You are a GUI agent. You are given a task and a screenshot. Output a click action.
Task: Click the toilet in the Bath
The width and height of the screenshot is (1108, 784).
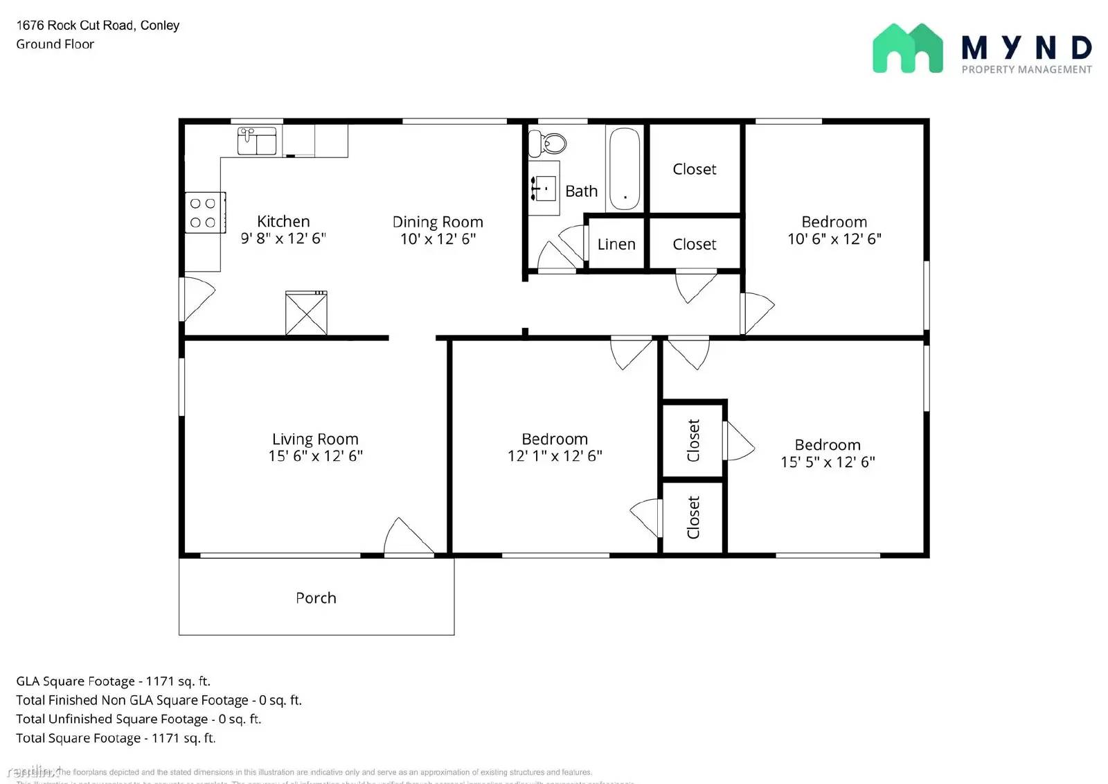click(x=547, y=143)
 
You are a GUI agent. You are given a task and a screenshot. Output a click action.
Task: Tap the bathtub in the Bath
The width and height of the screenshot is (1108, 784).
click(x=625, y=168)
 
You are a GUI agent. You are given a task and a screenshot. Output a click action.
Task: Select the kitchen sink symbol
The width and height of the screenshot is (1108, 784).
click(x=257, y=141)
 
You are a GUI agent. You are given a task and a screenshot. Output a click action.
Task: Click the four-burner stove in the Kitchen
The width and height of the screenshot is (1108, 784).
click(x=205, y=213)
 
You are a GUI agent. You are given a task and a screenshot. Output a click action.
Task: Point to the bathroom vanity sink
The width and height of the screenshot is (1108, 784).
click(x=544, y=188)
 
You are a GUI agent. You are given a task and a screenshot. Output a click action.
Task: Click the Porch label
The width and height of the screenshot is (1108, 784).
click(x=316, y=598)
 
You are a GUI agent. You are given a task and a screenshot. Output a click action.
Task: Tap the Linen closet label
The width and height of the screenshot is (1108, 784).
click(x=616, y=245)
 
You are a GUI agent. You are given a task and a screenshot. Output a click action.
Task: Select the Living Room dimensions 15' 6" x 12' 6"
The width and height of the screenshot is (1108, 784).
click(x=316, y=456)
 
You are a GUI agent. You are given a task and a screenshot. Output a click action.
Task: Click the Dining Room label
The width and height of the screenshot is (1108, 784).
click(x=438, y=223)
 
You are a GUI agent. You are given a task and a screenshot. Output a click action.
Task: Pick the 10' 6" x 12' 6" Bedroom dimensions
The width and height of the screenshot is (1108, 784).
click(x=834, y=239)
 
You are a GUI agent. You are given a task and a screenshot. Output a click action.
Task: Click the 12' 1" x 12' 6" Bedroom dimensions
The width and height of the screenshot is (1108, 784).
click(x=555, y=456)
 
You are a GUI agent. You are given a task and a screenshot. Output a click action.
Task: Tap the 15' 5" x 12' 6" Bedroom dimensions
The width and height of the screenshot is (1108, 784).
click(x=828, y=462)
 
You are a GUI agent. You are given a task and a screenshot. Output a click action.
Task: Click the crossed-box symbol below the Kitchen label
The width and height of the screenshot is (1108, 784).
click(x=306, y=314)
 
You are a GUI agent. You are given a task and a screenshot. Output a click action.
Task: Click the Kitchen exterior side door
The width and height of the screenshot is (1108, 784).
click(x=197, y=299)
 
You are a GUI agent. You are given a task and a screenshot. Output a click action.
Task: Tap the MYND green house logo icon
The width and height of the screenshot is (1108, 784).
click(x=907, y=49)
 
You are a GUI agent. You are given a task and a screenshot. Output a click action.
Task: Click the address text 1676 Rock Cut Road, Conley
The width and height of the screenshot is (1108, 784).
click(x=98, y=26)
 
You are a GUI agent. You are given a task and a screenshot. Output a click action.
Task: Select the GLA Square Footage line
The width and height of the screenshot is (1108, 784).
click(x=113, y=681)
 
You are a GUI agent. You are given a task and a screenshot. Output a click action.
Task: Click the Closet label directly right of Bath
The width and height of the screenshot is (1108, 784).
click(x=695, y=170)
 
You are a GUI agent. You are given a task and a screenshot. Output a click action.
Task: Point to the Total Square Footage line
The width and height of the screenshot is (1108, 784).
click(x=116, y=738)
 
